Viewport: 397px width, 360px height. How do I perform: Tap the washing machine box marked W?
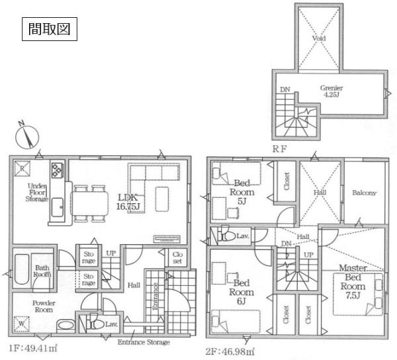point(21,325)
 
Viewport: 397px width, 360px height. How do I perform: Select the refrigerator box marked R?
point(22,167)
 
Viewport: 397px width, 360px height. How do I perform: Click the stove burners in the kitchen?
point(56,169)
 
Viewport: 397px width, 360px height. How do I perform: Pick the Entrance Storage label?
point(144,342)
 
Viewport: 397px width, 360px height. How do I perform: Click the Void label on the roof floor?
point(318,39)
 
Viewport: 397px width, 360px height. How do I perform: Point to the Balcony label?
point(364,193)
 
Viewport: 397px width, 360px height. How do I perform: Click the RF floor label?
point(280,150)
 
